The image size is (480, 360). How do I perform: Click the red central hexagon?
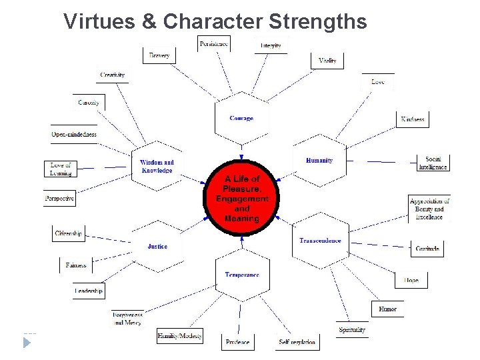click(x=241, y=199)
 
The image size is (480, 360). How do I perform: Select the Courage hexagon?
click(x=241, y=119)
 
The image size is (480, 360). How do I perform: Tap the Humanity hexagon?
click(x=319, y=161)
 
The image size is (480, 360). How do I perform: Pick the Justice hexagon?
click(x=158, y=247)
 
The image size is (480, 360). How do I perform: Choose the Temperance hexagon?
click(x=242, y=275)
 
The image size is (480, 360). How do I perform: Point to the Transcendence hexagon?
click(x=320, y=241)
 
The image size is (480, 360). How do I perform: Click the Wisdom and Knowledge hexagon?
click(x=157, y=166)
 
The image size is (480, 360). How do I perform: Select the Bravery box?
click(x=159, y=55)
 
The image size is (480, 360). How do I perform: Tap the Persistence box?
click(x=214, y=44)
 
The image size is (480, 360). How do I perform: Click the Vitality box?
click(x=327, y=61)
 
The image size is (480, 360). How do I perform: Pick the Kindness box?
click(x=412, y=119)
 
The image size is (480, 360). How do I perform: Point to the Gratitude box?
click(x=427, y=249)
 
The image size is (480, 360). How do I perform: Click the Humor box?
click(x=387, y=309)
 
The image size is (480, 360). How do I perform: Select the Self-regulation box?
click(x=297, y=342)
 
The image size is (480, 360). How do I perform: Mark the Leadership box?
click(x=89, y=291)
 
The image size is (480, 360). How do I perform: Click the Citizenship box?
click(x=69, y=233)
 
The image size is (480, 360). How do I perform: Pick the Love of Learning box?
click(x=61, y=169)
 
